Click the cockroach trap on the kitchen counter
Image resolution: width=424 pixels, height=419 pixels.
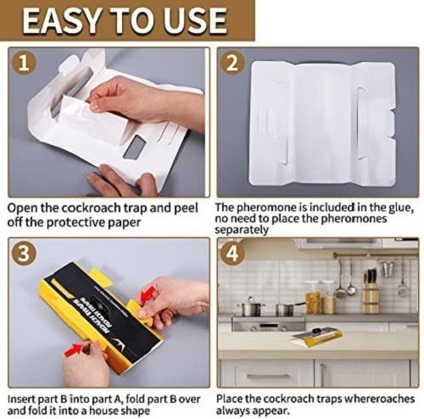[317, 338]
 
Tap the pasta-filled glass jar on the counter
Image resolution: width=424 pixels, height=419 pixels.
[313, 300]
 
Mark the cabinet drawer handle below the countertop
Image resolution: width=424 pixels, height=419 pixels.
[263, 376]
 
